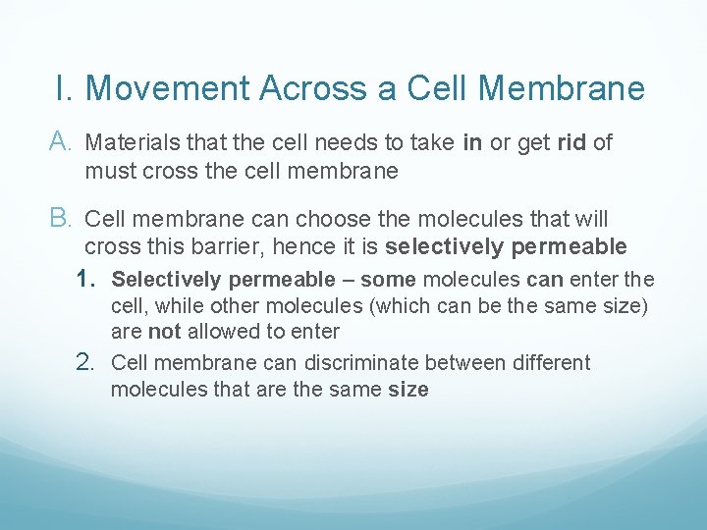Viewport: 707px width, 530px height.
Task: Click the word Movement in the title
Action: [x=168, y=88]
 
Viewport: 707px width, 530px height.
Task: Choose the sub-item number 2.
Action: [x=90, y=363]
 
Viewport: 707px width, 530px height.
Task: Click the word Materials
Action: [x=125, y=143]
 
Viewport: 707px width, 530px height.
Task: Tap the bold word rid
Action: [x=571, y=143]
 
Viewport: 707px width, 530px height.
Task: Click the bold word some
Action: [x=388, y=281]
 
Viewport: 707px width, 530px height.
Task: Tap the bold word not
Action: [x=164, y=332]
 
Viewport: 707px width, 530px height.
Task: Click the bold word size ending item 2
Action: [x=408, y=390]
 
